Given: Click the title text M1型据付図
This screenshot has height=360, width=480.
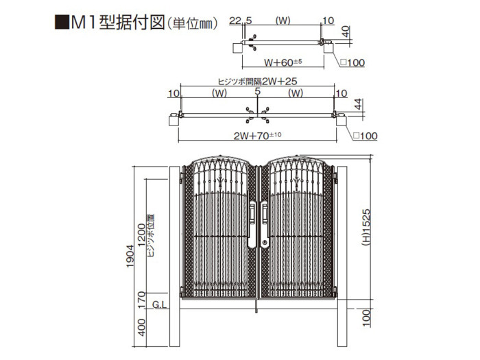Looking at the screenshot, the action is [118, 23].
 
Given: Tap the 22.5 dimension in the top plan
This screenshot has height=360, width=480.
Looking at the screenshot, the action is [240, 21].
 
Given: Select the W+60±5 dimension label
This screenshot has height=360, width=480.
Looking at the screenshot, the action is [283, 62].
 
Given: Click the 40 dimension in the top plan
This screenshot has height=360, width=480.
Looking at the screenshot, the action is [346, 32].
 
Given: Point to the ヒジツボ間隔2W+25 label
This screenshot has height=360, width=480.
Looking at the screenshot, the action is [257, 81].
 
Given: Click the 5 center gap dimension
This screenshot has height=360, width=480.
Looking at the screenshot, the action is [257, 91].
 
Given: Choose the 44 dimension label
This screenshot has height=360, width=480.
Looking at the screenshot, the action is [358, 104].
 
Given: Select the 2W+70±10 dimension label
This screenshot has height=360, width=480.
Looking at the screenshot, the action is [257, 135].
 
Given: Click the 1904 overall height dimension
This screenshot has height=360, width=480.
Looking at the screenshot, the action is [130, 256].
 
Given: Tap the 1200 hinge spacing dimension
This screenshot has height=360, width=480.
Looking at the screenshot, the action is [141, 235].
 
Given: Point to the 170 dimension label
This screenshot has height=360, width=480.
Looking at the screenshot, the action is [141, 300].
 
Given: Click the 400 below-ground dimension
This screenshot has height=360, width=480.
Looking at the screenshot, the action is [141, 327].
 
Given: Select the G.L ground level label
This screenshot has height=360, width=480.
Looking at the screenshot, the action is [160, 304].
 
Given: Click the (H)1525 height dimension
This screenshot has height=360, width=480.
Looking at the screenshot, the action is [366, 227].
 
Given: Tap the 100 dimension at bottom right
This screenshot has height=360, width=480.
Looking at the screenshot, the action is [366, 317].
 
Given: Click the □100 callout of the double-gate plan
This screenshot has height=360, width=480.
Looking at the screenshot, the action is [365, 136].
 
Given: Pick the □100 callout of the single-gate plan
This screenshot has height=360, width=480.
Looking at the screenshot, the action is [352, 62].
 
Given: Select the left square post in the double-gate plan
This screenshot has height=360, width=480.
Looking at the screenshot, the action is [173, 120].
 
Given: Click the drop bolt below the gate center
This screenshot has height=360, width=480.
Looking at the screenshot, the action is [256, 306].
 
